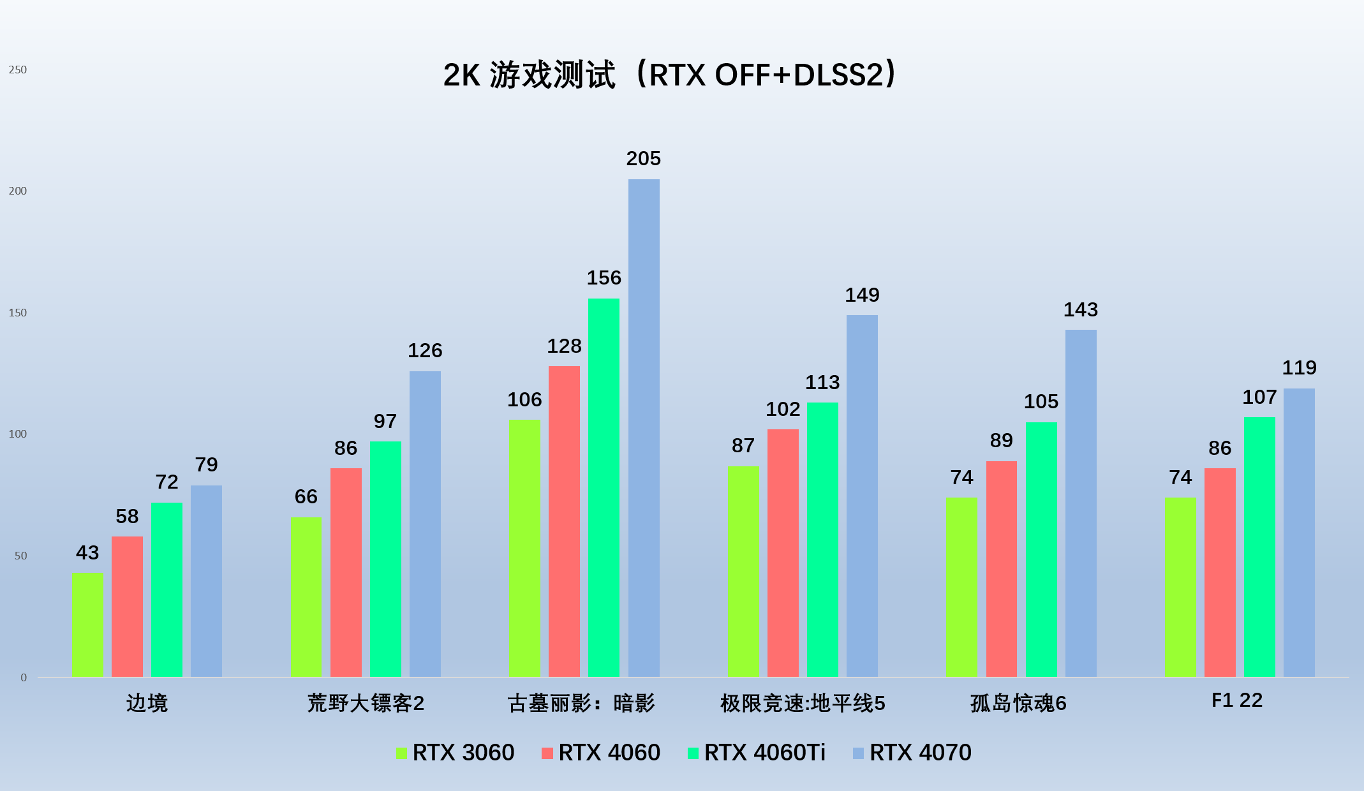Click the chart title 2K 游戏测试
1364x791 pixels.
(530, 75)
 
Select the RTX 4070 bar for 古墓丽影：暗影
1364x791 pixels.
(644, 428)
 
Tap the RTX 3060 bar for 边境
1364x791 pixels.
(87, 625)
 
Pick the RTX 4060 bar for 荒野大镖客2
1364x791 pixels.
(346, 572)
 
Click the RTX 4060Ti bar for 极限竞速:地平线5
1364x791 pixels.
(822, 540)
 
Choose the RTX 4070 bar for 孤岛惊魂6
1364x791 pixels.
(1081, 503)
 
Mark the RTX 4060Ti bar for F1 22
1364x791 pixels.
(1259, 547)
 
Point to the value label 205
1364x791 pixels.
(643, 158)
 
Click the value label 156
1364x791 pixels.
(604, 277)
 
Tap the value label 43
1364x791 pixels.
(87, 552)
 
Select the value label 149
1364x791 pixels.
(862, 295)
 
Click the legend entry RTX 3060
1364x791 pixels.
(456, 753)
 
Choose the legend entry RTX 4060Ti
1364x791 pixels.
(757, 753)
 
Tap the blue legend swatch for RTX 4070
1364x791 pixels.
(858, 753)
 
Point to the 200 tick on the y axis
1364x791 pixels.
(18, 191)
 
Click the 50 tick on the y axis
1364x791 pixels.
(21, 556)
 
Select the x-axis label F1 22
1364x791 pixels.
(1237, 700)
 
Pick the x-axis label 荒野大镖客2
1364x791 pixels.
(366, 703)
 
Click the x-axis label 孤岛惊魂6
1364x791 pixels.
(1018, 703)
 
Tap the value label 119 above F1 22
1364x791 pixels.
(1299, 367)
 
